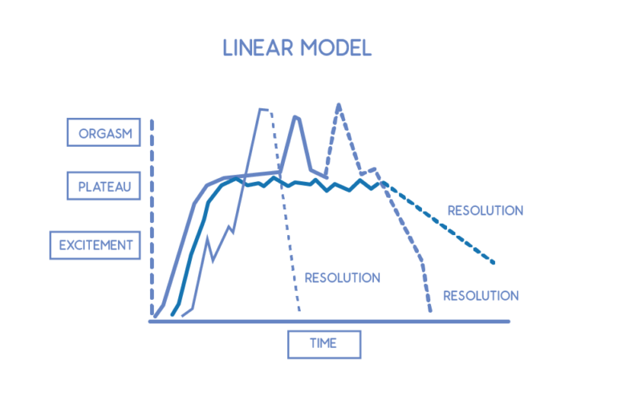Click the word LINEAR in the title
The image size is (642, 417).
(258, 48)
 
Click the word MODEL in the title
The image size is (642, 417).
(336, 48)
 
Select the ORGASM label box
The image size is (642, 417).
(104, 132)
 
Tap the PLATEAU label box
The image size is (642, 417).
(104, 186)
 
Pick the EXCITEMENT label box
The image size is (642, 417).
(95, 245)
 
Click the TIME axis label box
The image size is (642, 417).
(324, 344)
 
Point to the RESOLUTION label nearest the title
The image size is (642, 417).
(486, 210)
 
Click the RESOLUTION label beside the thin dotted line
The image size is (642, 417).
(343, 277)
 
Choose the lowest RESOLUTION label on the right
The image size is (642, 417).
(481, 295)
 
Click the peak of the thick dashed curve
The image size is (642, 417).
(339, 105)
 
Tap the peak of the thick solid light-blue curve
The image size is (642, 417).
(296, 117)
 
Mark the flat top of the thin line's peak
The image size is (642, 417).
(264, 109)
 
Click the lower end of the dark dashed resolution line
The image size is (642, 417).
(494, 262)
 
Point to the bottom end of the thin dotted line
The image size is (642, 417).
(299, 310)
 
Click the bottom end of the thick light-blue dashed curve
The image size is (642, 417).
(430, 310)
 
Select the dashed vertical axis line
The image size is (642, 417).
(152, 217)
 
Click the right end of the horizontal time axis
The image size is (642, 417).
(509, 322)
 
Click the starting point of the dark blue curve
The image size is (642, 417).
(173, 314)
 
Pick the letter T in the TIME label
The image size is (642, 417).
(313, 343)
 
